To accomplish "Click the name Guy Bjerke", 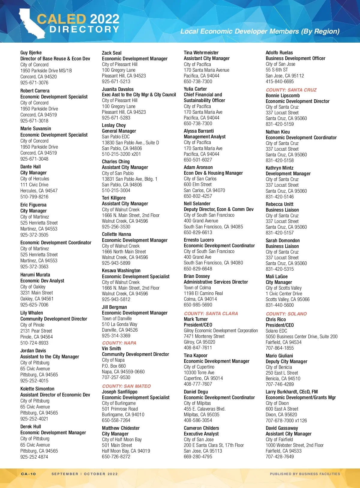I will pos(31,53).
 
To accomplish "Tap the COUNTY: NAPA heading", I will pos(119,343).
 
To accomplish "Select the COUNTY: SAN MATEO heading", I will pos(126,386).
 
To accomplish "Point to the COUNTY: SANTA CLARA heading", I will pos(211,313).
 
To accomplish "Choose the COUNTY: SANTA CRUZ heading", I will pos(291,90).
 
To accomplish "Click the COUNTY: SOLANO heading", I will pos(286,314).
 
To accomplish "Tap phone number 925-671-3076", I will pos(34,83).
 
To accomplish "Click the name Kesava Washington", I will pos(121,270).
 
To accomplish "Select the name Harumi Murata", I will pos(35,275).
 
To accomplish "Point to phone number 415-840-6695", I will pos(280,81).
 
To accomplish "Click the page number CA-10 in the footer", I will pos(28,474).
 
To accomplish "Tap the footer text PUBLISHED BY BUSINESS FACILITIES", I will pos(305,474).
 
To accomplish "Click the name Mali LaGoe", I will pos(277,276).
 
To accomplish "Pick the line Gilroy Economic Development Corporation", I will pos(220,330).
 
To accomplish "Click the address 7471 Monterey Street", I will pos(204,336).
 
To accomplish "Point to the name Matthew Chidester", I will pos(121,428).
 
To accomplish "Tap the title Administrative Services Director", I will pos(216,282).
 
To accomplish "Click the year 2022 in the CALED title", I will pos(104,19).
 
